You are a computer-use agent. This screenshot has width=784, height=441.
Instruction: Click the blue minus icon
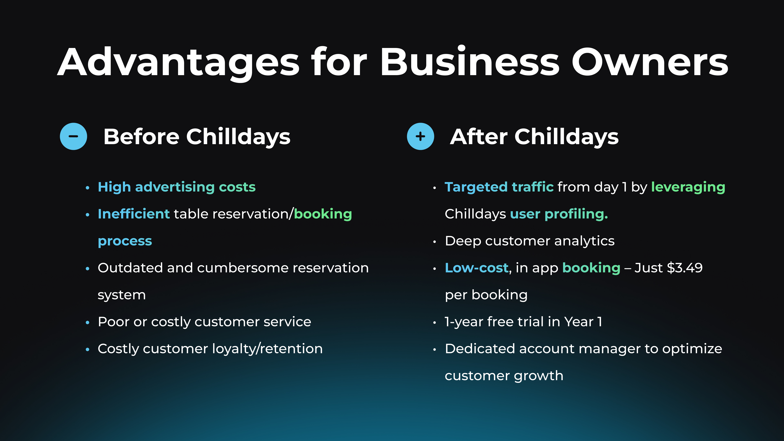pos(73,136)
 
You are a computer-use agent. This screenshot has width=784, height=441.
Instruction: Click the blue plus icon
pos(420,136)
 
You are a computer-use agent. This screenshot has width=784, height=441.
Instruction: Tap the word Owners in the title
pos(650,62)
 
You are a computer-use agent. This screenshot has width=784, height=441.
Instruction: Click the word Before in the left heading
pos(141,136)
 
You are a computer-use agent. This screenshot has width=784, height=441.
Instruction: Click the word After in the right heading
pos(478,136)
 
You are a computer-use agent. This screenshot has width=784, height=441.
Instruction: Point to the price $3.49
pos(685,268)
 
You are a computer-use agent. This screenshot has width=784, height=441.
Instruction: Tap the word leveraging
pos(688,187)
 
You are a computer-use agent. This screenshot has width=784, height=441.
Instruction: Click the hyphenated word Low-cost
pos(477,268)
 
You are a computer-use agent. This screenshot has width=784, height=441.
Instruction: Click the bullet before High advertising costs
pos(88,188)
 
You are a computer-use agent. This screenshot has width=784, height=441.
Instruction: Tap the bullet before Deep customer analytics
pos(435,242)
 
